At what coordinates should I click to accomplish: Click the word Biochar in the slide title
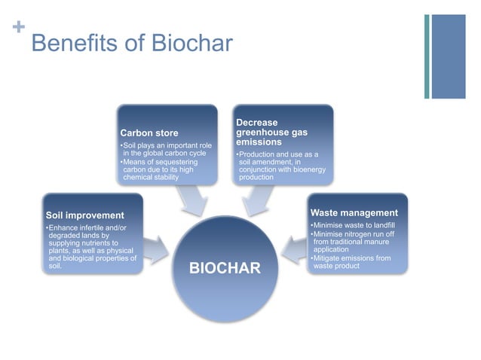point(192,42)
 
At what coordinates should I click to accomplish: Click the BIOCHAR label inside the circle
point(224,268)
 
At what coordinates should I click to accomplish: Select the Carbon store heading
point(149,133)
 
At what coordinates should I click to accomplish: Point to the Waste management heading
point(354,213)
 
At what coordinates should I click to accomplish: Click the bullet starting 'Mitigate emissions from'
point(351,262)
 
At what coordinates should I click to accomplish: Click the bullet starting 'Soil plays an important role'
point(165,148)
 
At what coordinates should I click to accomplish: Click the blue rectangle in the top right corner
point(448,56)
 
